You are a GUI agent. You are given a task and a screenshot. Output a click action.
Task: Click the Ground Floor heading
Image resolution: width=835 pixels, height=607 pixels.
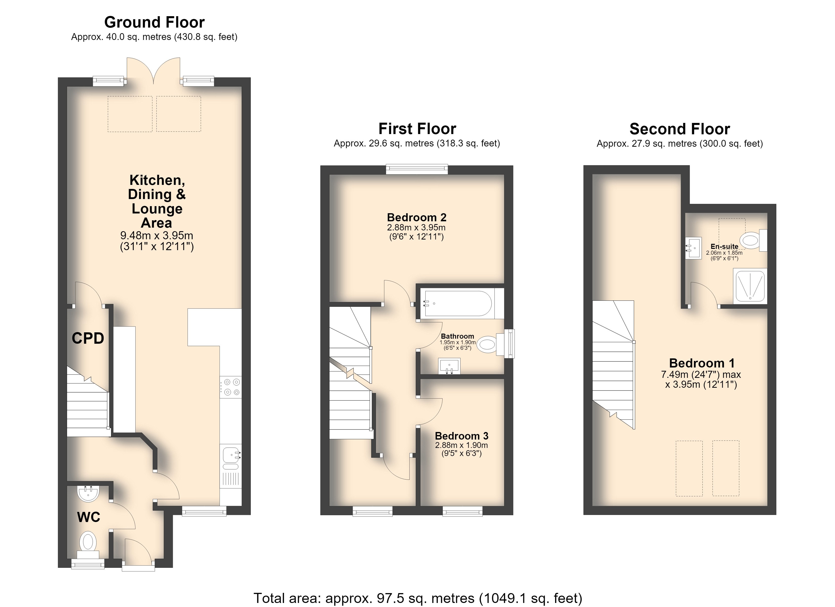click(154, 23)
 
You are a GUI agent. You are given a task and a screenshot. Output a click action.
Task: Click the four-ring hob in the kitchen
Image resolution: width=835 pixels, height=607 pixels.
click(231, 387)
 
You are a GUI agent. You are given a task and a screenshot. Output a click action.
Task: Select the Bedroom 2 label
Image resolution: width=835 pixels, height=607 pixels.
click(416, 217)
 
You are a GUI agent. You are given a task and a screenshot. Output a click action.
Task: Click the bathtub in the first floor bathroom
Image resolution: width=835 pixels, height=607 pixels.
click(459, 304)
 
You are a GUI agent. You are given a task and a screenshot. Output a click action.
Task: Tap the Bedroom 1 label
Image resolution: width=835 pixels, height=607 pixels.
click(702, 363)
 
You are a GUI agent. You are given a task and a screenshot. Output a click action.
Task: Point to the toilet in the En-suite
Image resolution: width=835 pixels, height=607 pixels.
click(753, 240)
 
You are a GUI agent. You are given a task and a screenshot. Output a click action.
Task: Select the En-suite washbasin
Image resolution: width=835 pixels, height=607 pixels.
click(694, 248)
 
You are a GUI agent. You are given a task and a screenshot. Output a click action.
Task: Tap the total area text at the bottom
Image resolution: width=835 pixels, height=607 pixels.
click(418, 598)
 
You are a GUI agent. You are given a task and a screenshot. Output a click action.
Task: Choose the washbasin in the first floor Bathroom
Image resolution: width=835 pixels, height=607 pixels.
click(450, 366)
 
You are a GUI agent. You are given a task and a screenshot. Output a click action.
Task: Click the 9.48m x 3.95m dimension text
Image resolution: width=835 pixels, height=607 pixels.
click(157, 235)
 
